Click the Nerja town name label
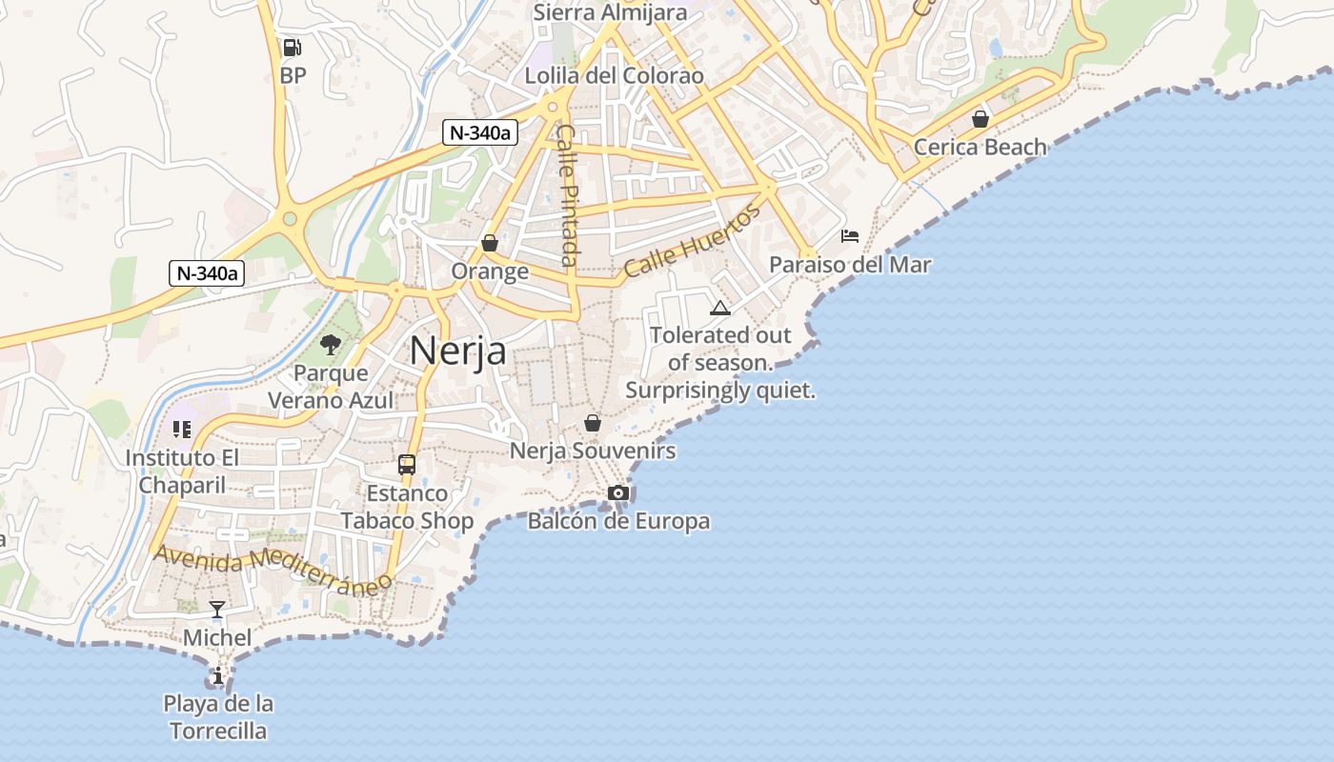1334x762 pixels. pos(458,351)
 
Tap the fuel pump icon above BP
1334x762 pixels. pos(293,47)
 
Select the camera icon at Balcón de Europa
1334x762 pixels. pos(618,492)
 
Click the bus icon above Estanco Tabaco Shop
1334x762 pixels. pos(407,465)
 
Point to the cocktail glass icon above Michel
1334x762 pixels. pos(217,610)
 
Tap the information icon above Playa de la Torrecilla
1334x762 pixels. pos(218,676)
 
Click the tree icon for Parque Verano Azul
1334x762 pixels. pos(331,345)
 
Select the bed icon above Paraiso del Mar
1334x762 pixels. pos(850,236)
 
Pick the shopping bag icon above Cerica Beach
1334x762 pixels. pos(980,119)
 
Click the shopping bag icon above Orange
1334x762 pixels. pos(490,244)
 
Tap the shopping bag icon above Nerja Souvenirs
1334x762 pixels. pos(593,423)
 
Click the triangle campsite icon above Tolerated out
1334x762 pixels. pos(720,308)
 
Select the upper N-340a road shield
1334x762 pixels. pos(480,133)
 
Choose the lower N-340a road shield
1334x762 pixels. pos(207,273)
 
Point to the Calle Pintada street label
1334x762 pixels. pos(568,194)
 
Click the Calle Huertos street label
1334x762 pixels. pos(694,240)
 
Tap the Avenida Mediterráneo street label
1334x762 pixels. pos(273,568)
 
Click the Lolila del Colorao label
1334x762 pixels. pos(615,75)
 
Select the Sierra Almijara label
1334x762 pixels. pos(610,12)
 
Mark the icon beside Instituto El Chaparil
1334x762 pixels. pos(181,430)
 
